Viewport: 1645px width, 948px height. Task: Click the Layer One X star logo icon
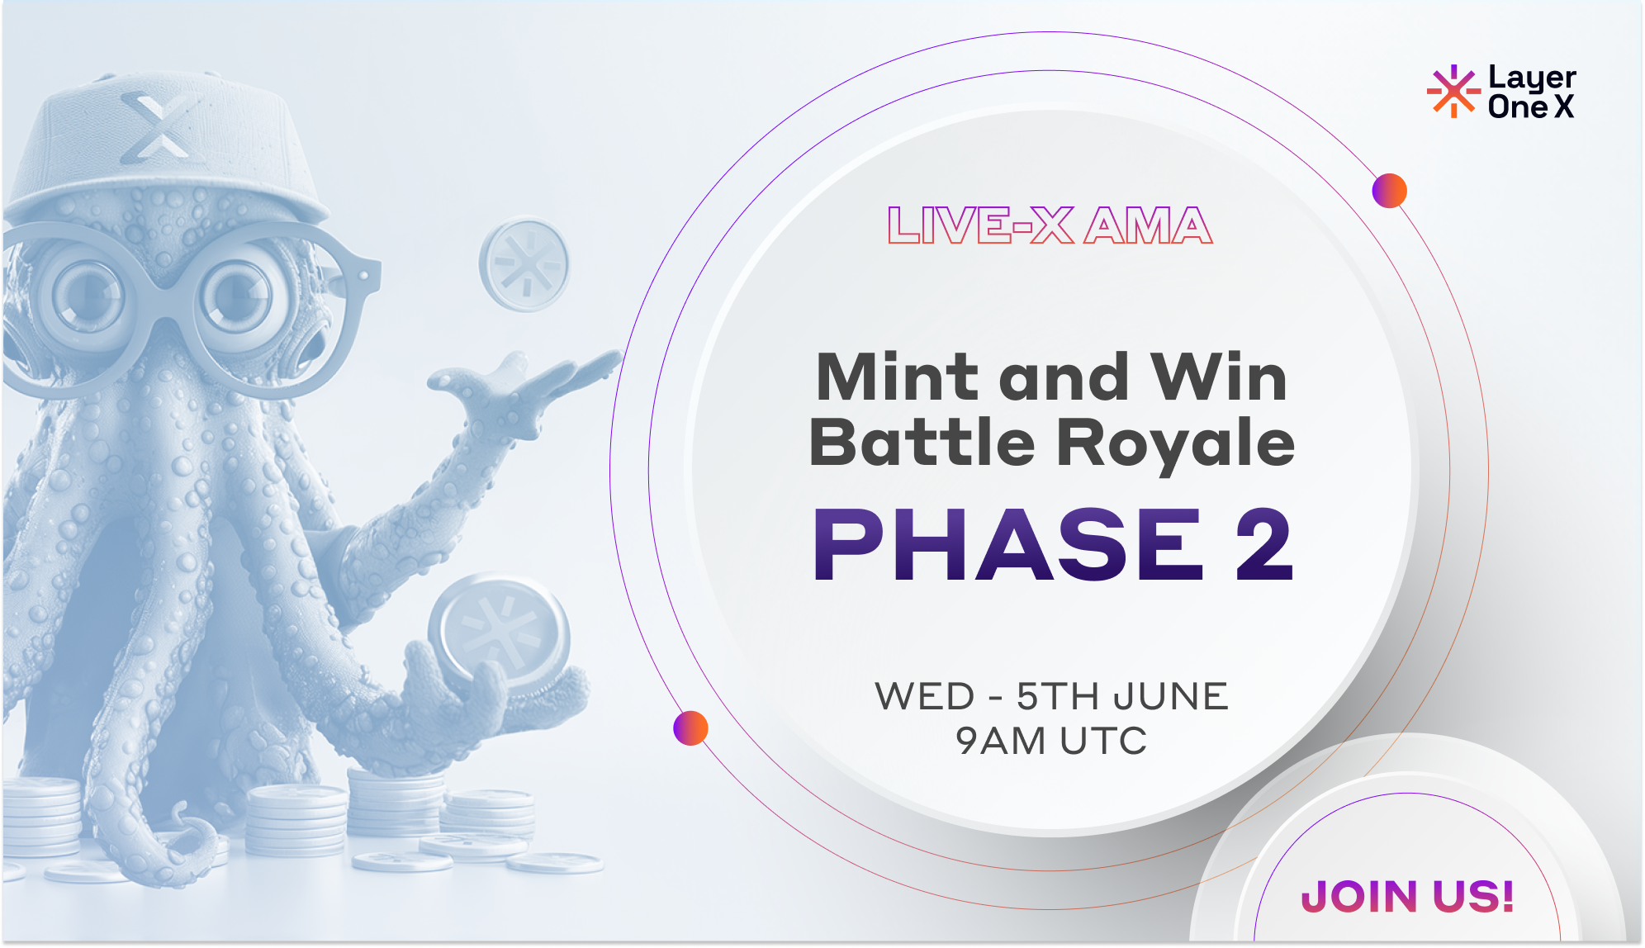[x=1453, y=91]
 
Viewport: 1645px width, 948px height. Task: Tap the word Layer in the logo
[x=1532, y=78]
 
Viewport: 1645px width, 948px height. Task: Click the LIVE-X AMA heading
[x=1050, y=226]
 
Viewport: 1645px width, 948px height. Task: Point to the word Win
[x=1219, y=377]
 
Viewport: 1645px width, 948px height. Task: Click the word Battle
[x=922, y=443]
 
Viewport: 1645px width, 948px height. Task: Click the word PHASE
[x=1007, y=545]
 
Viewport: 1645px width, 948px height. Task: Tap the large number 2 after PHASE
[x=1263, y=545]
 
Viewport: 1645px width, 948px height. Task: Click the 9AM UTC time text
[x=1051, y=741]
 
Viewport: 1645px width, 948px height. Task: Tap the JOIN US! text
[x=1408, y=896]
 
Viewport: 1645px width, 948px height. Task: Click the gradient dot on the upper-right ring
[x=1389, y=191]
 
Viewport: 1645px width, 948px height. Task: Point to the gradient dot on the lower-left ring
[x=690, y=728]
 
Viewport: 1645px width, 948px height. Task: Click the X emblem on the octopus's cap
[x=155, y=126]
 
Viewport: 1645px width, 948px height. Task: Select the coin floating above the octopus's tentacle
[x=524, y=264]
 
